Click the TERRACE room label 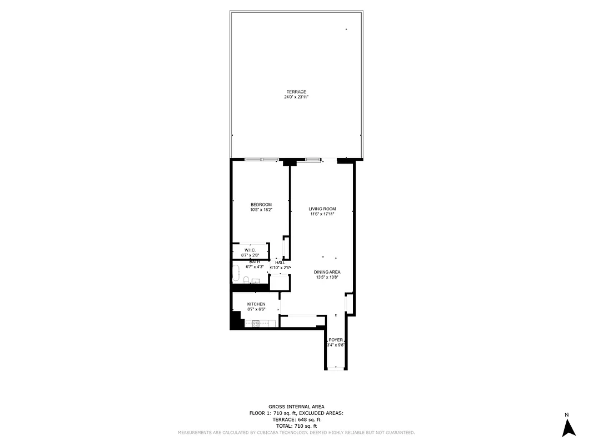[296, 92]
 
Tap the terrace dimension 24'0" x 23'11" [296, 97]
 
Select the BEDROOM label [261, 205]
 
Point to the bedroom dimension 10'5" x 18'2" [261, 210]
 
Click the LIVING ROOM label [322, 209]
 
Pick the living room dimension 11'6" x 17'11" [322, 214]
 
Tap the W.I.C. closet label [250, 251]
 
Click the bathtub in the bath [236, 274]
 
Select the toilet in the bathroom [246, 280]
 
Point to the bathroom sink [255, 281]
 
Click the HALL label [280, 263]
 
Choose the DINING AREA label [327, 272]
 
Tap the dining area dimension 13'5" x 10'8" [327, 277]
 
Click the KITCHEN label [256, 304]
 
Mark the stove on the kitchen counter [257, 323]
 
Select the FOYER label [336, 340]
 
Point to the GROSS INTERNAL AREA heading [296, 407]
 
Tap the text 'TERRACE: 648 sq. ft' [296, 419]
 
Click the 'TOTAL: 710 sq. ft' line [296, 426]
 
